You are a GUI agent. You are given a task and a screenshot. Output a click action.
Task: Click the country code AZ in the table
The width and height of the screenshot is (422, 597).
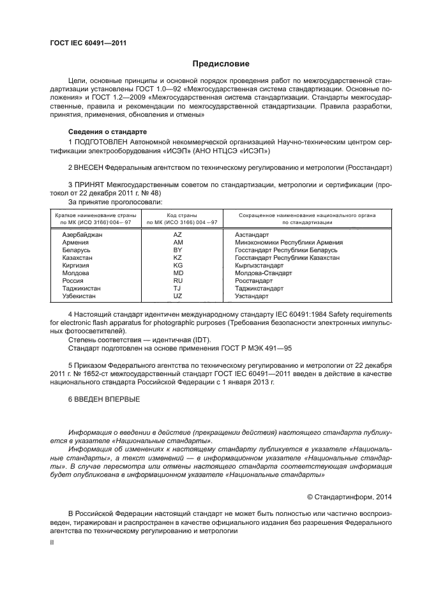(178, 235)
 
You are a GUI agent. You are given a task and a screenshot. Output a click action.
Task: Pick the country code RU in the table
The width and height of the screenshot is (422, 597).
(178, 280)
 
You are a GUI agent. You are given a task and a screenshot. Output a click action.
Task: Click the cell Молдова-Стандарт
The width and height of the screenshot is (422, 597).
(263, 273)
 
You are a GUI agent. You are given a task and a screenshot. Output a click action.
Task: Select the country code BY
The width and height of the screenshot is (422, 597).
(178, 250)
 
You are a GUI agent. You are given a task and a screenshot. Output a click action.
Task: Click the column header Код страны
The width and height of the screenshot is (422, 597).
(181, 216)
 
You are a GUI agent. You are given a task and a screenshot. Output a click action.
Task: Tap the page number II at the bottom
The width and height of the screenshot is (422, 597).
(52, 541)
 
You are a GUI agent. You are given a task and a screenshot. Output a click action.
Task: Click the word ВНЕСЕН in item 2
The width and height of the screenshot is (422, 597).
(91, 167)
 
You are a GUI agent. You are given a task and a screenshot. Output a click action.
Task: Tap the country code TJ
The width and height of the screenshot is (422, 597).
(178, 288)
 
